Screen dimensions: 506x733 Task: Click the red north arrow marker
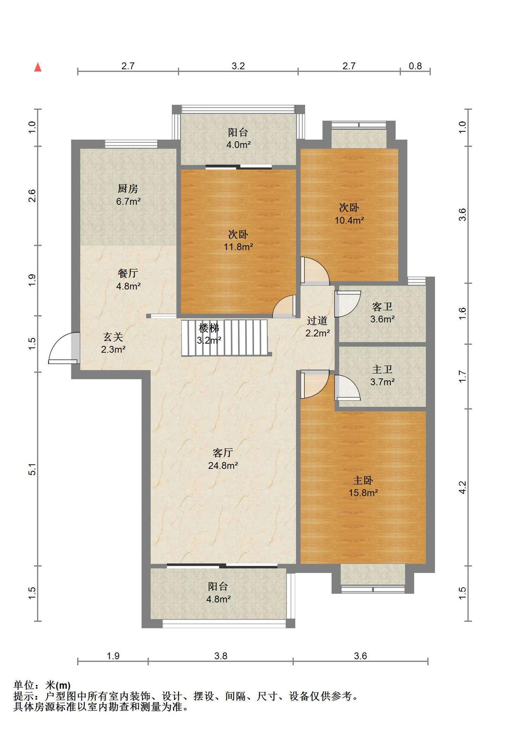pos(38,67)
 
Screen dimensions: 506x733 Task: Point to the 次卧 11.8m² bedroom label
pos(238,241)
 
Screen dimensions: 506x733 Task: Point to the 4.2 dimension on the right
pos(462,487)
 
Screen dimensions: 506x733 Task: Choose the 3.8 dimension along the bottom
pos(221,656)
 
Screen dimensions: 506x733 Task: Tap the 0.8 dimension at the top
pos(415,66)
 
